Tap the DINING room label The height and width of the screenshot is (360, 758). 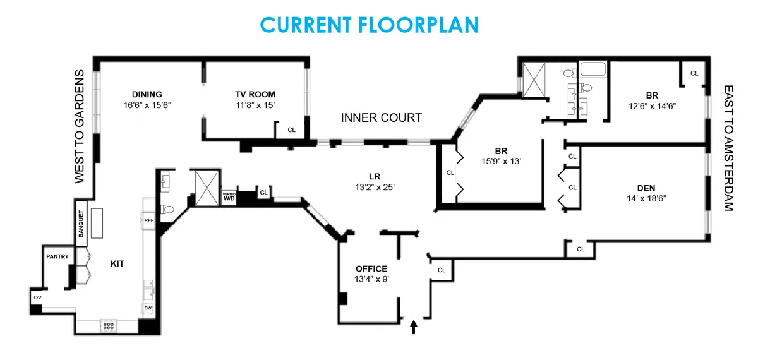click(147, 95)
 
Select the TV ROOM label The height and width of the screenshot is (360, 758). click(255, 95)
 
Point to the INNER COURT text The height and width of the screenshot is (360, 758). click(381, 118)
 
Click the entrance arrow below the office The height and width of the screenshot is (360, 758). click(414, 326)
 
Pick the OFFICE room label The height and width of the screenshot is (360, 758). click(371, 269)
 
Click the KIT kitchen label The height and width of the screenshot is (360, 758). click(117, 264)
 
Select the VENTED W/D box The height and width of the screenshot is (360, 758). click(229, 196)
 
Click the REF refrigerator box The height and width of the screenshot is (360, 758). click(149, 220)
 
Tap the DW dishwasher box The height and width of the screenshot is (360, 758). click(148, 308)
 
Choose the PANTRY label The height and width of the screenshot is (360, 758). click(57, 257)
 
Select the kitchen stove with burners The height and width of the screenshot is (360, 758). click(109, 327)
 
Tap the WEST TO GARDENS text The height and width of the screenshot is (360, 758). click(80, 126)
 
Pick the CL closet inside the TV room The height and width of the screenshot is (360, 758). click(291, 129)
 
